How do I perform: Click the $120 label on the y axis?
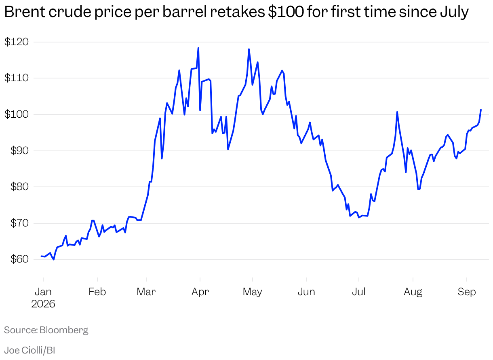(17, 42)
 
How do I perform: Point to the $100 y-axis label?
(17, 114)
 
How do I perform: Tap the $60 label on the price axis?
(19, 259)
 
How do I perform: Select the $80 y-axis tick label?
(19, 187)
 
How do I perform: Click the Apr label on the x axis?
(200, 292)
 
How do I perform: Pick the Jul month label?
(359, 292)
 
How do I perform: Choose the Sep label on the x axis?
(467, 292)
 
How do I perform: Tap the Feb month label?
(97, 292)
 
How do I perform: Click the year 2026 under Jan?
(43, 304)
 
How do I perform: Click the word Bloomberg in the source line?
(64, 330)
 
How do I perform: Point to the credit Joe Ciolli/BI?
(29, 350)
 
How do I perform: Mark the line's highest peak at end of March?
(198, 48)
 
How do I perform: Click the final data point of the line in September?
(481, 110)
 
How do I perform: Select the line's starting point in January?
(41, 256)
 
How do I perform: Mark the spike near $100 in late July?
(397, 112)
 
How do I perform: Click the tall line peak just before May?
(249, 49)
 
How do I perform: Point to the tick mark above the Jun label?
(306, 280)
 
